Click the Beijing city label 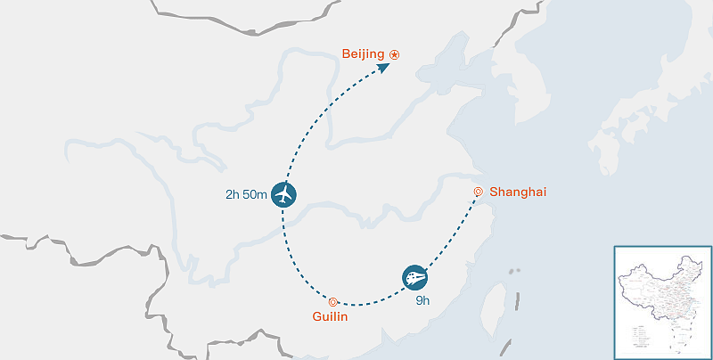(364, 55)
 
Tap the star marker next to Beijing (395, 55)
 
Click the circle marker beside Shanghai (479, 191)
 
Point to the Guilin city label (330, 316)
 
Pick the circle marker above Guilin (332, 301)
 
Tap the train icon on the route (414, 277)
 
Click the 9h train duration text (422, 300)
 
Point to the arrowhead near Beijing (382, 66)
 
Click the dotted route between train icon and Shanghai (450, 235)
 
